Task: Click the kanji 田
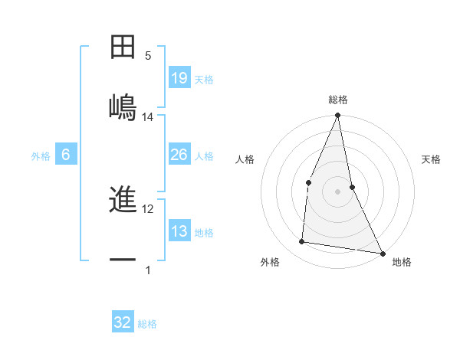(123, 47)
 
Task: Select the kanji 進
(123, 201)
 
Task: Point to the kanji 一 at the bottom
(123, 260)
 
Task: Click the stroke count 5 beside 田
(148, 56)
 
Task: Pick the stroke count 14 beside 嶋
(148, 117)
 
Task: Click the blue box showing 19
(179, 77)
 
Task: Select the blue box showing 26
(179, 155)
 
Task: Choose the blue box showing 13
(179, 231)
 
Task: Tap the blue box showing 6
(66, 155)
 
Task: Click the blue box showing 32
(123, 322)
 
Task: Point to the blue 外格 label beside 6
(41, 156)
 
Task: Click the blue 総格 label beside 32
(147, 324)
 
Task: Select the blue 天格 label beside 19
(204, 79)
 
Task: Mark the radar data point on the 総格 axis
(337, 116)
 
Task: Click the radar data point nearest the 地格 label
(382, 253)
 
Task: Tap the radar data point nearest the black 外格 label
(302, 242)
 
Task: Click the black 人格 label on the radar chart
(245, 159)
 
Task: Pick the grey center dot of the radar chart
(337, 191)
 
